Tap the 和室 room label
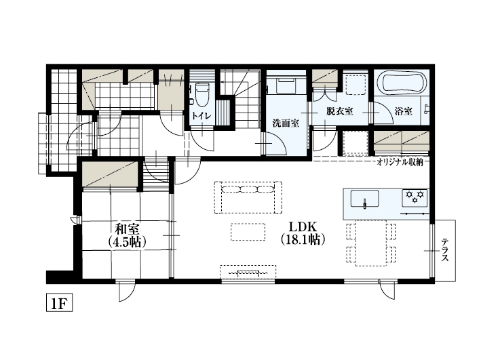[x=128, y=228]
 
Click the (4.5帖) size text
[x=128, y=241]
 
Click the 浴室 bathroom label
[x=403, y=111]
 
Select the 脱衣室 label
[x=339, y=111]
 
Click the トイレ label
[x=201, y=116]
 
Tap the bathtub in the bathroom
[x=403, y=84]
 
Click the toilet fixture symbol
[x=202, y=95]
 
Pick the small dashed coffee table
[x=248, y=231]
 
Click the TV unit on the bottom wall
[x=248, y=273]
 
